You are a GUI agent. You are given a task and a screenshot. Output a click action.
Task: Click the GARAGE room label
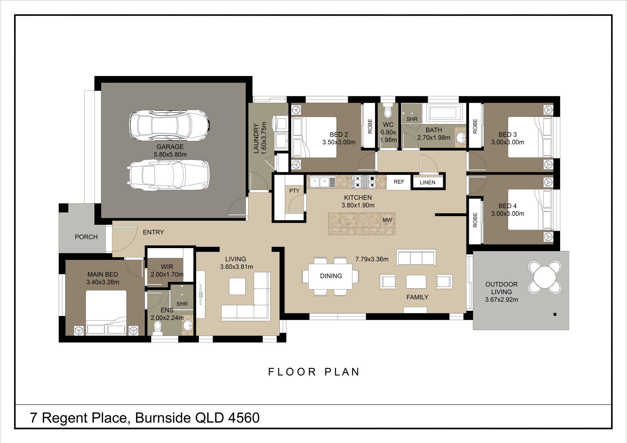tap(170, 147)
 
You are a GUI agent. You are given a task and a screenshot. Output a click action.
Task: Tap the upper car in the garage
tap(169, 125)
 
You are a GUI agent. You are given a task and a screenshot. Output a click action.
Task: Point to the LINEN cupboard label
tap(427, 182)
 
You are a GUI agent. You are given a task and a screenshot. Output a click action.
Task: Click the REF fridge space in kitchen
tap(399, 182)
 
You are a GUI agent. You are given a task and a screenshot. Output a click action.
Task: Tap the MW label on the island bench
tap(387, 220)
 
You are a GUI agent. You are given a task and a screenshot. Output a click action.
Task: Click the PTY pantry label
tap(294, 191)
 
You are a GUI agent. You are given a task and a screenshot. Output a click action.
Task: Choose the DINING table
tap(330, 276)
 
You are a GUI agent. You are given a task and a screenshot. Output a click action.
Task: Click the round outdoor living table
tap(544, 277)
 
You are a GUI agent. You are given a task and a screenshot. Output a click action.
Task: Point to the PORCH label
tap(86, 237)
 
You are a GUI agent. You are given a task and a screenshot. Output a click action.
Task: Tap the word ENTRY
tap(153, 232)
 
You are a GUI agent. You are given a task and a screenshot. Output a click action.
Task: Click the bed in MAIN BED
tap(106, 313)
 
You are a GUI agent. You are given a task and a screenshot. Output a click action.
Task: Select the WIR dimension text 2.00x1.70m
tap(167, 275)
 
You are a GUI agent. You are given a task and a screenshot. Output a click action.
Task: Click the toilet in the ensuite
tap(158, 328)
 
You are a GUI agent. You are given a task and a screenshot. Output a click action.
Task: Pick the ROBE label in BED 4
tap(475, 220)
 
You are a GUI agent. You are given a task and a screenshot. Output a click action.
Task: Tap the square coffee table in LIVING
tap(237, 286)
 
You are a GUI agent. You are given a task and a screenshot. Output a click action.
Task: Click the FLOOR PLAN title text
tap(314, 372)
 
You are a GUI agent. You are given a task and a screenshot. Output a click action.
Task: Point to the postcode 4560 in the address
tap(244, 418)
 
